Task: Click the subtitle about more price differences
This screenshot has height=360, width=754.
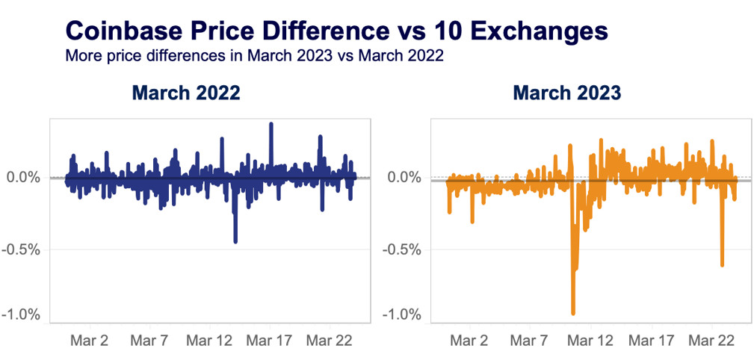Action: click(255, 57)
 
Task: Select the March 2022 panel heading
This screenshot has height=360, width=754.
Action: click(186, 93)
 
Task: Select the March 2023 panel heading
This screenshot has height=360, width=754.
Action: click(567, 93)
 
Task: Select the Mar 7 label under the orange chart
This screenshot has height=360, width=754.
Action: click(530, 341)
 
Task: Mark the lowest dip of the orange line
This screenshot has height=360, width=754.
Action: click(573, 313)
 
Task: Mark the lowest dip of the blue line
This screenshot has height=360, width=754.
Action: click(235, 241)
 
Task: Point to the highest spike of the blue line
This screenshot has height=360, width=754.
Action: click(271, 124)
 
